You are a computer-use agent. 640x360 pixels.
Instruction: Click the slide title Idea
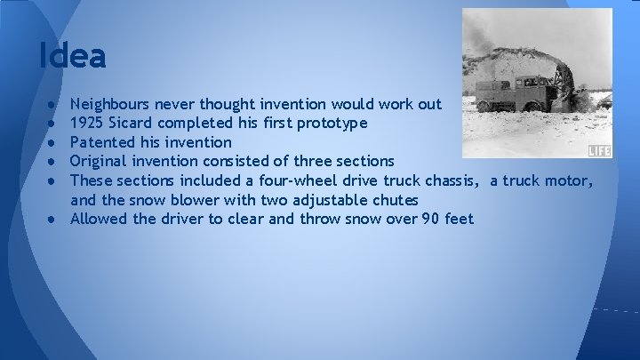[72, 56]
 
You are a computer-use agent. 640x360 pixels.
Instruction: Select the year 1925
[86, 123]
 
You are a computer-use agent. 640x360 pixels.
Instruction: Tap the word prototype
[330, 123]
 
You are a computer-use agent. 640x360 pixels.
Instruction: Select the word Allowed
[99, 219]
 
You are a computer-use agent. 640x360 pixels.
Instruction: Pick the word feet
[459, 219]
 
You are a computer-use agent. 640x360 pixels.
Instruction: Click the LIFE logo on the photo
[600, 151]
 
